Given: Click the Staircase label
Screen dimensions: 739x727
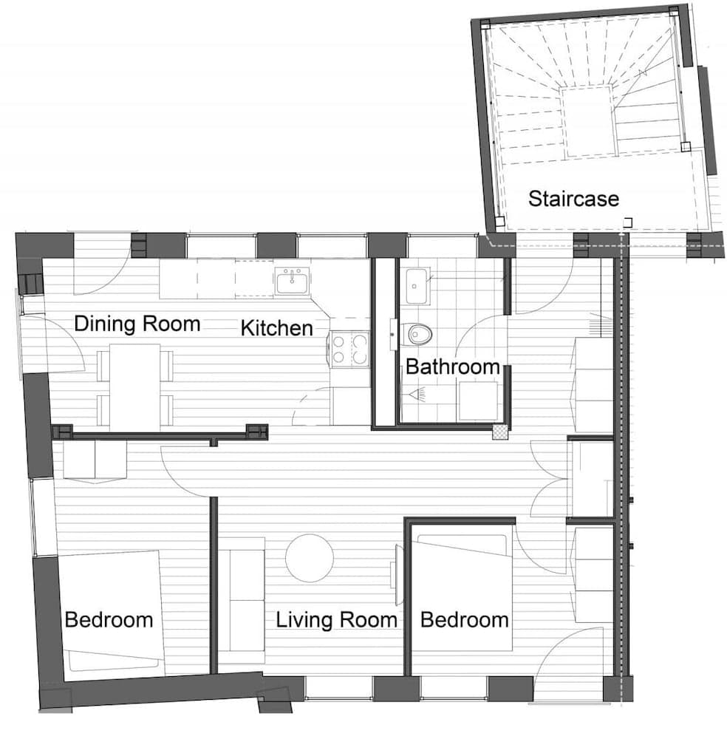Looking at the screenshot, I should pyautogui.click(x=573, y=198).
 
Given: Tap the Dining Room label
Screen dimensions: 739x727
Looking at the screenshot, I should pyautogui.click(x=137, y=324).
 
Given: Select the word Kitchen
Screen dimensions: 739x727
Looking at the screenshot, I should pyautogui.click(x=276, y=327).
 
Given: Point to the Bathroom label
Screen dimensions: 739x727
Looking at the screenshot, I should pyautogui.click(x=452, y=366).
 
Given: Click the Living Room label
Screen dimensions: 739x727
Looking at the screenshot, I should pyautogui.click(x=336, y=619).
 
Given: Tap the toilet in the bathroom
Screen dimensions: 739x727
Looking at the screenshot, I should pyautogui.click(x=419, y=334).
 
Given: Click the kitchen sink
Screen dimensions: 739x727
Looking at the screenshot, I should pyautogui.click(x=293, y=282).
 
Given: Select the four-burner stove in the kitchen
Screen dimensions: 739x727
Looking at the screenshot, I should pyautogui.click(x=349, y=350).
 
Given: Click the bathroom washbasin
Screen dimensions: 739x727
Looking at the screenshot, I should pyautogui.click(x=415, y=287).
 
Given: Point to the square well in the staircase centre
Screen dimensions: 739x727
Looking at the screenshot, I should pyautogui.click(x=588, y=120).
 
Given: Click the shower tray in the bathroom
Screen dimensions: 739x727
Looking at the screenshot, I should pyautogui.click(x=478, y=401).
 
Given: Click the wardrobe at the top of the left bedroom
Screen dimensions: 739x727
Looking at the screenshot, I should pyautogui.click(x=94, y=460).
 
